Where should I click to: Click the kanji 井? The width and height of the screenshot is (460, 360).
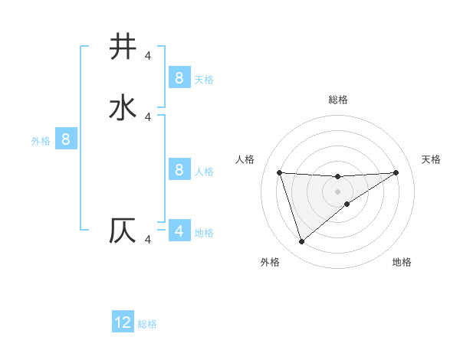coord(123,47)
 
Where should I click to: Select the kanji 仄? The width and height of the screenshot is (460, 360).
coord(123,231)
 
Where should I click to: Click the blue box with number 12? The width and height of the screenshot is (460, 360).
coord(123,322)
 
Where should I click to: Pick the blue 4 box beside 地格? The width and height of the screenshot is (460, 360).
coord(179,231)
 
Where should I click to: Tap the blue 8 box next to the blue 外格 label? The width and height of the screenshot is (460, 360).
coord(66,139)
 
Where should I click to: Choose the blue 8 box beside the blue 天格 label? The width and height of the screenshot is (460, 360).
coord(179,77)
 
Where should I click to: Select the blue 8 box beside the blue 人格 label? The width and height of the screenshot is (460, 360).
coord(179,169)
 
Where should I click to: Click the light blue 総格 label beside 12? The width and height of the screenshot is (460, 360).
coord(147,324)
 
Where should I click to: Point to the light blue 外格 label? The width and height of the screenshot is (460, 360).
coord(41,141)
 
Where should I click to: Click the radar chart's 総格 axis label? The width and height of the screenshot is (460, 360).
coord(337,100)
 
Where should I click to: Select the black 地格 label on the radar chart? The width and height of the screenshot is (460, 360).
coord(402,262)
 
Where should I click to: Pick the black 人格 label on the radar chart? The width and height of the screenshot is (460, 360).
coord(245,159)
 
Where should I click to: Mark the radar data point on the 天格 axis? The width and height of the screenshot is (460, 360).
coord(396,172)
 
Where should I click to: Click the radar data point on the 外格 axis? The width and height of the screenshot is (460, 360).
coord(301,241)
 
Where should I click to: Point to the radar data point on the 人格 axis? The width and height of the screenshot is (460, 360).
coord(279,172)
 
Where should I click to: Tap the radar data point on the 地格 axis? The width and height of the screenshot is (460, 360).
coord(347,204)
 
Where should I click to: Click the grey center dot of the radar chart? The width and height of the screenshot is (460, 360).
coord(337,191)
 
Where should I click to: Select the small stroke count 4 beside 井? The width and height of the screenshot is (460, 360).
coord(148,55)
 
